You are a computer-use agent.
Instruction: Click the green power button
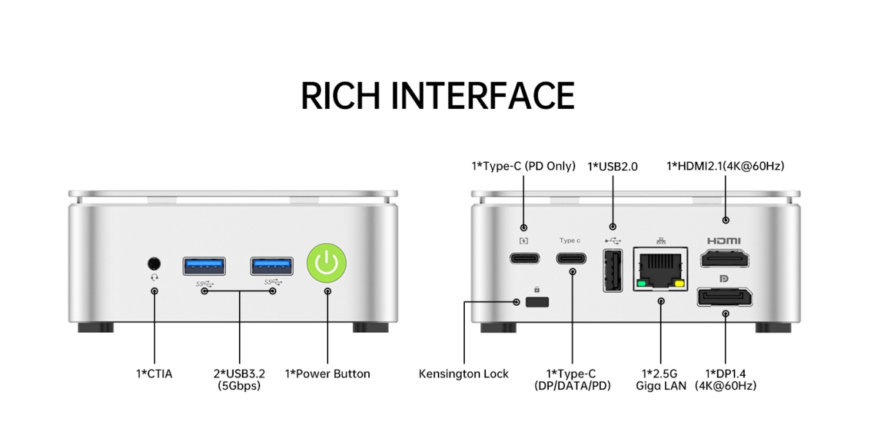327,264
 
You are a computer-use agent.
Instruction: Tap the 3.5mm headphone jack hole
154,263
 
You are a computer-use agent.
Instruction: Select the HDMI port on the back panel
726,260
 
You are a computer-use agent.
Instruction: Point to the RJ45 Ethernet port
661,269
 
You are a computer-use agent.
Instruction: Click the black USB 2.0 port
612,270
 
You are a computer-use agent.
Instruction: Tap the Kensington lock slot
537,301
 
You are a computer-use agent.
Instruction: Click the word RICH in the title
338,96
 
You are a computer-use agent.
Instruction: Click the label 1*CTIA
154,374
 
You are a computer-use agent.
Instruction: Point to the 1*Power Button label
327,374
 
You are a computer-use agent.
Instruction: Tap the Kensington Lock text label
463,374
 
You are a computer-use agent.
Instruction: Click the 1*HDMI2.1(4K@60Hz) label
725,166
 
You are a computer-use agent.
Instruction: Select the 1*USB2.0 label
612,166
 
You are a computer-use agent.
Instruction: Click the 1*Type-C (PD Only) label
523,166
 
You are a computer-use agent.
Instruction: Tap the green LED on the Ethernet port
642,283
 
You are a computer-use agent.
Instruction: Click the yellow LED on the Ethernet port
680,283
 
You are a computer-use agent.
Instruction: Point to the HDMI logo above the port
724,241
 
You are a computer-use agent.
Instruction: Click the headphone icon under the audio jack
154,277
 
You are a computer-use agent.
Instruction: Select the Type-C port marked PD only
524,258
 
